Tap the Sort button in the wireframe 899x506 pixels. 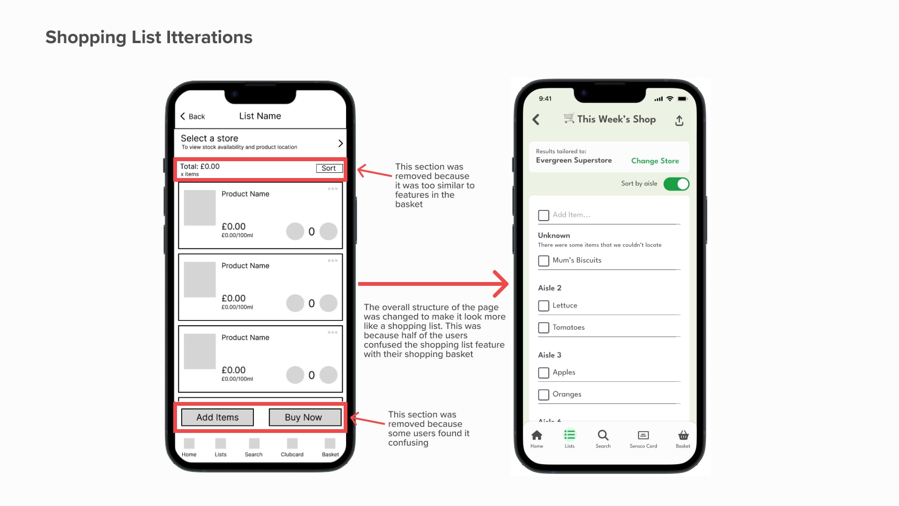329,168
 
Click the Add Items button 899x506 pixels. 217,417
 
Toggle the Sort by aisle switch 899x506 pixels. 676,184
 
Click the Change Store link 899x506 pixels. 655,161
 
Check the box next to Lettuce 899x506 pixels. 544,306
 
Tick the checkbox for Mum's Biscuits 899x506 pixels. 544,261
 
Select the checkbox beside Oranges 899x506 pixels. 544,395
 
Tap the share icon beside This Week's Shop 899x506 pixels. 679,120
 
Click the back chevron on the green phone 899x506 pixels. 536,119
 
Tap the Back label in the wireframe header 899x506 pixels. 197,117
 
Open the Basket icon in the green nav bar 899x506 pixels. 683,435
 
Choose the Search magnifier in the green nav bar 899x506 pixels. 603,435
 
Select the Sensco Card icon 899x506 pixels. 643,435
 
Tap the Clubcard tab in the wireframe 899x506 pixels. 292,447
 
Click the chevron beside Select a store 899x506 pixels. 340,143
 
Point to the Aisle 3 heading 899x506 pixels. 550,355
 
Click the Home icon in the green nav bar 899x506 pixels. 537,435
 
